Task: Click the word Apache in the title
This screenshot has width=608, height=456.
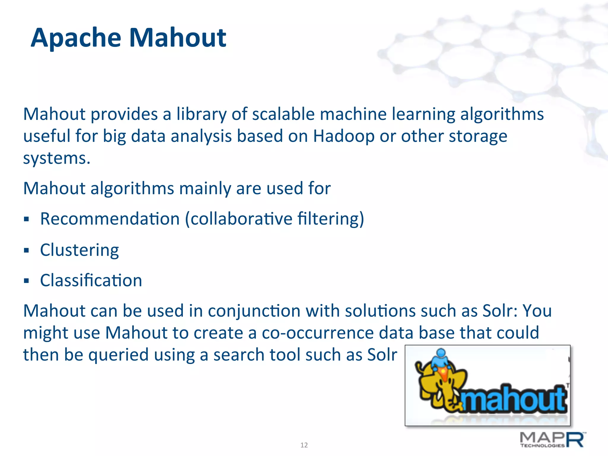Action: (76, 38)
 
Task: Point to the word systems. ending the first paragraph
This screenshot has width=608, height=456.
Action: (57, 159)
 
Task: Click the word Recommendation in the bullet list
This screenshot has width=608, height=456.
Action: (110, 219)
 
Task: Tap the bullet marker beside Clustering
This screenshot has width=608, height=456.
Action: (27, 250)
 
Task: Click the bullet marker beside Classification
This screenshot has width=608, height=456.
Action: (27, 281)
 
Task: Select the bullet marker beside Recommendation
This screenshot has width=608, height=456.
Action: (27, 220)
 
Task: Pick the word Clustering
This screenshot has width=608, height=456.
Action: (79, 250)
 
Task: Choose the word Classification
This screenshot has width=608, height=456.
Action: (91, 281)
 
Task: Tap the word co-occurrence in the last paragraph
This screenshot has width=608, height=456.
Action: (317, 333)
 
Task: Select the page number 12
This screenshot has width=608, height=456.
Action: (304, 445)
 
